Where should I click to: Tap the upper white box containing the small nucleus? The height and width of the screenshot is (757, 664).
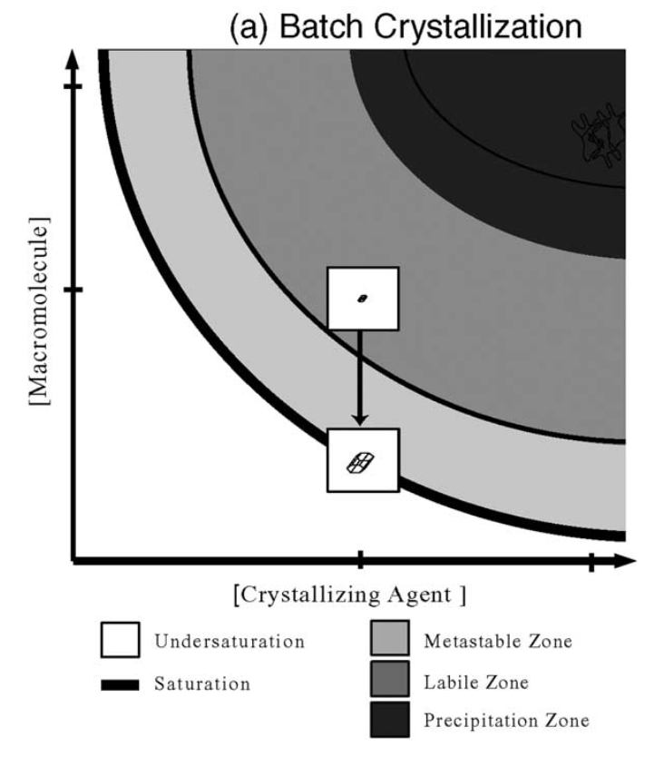pyautogui.click(x=362, y=298)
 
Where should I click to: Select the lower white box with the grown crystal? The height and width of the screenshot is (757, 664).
pyautogui.click(x=362, y=460)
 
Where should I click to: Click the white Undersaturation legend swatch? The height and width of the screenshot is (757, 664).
pyautogui.click(x=120, y=640)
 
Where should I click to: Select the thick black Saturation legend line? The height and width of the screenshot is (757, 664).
pyautogui.click(x=120, y=683)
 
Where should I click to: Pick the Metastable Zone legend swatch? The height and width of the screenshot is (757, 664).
pyautogui.click(x=391, y=640)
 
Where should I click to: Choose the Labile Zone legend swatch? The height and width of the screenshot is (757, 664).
pyautogui.click(x=391, y=680)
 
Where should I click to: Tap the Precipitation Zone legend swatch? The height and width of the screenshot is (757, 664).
pyautogui.click(x=391, y=720)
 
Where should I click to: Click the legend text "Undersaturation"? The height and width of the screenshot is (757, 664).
pyautogui.click(x=229, y=641)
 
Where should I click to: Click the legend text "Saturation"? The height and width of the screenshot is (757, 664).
pyautogui.click(x=201, y=683)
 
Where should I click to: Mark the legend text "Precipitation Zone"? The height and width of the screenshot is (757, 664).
pyautogui.click(x=506, y=721)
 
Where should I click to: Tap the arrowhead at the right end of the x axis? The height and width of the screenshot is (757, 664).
pyautogui.click(x=625, y=561)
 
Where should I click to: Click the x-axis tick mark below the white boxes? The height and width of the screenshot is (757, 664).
pyautogui.click(x=361, y=561)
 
